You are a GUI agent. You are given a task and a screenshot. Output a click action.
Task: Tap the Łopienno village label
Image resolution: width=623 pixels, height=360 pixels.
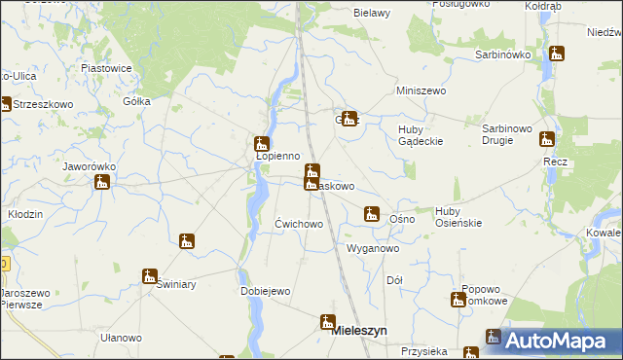(277, 156)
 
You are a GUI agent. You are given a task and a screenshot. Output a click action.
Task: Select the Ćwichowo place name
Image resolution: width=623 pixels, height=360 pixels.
(299, 224)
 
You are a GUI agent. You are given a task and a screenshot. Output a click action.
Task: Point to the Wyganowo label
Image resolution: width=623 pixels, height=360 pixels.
(374, 248)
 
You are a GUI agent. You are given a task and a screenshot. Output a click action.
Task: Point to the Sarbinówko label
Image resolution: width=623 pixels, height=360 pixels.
(502, 54)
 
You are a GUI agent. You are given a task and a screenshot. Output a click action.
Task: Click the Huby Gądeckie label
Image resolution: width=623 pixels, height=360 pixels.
(421, 135)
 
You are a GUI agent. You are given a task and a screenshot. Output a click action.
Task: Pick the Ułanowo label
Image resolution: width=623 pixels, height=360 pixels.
(121, 338)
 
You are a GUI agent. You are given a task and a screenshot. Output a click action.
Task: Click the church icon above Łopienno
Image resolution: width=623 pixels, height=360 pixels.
(262, 142)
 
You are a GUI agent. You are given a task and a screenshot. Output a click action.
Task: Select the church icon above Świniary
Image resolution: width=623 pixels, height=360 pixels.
(150, 275)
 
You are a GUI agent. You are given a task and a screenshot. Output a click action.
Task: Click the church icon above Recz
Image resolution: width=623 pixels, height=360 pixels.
(547, 139)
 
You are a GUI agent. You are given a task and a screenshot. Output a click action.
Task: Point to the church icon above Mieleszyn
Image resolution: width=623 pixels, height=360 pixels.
(328, 320)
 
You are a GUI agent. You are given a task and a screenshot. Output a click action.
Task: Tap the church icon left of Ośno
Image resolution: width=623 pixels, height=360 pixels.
(371, 213)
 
